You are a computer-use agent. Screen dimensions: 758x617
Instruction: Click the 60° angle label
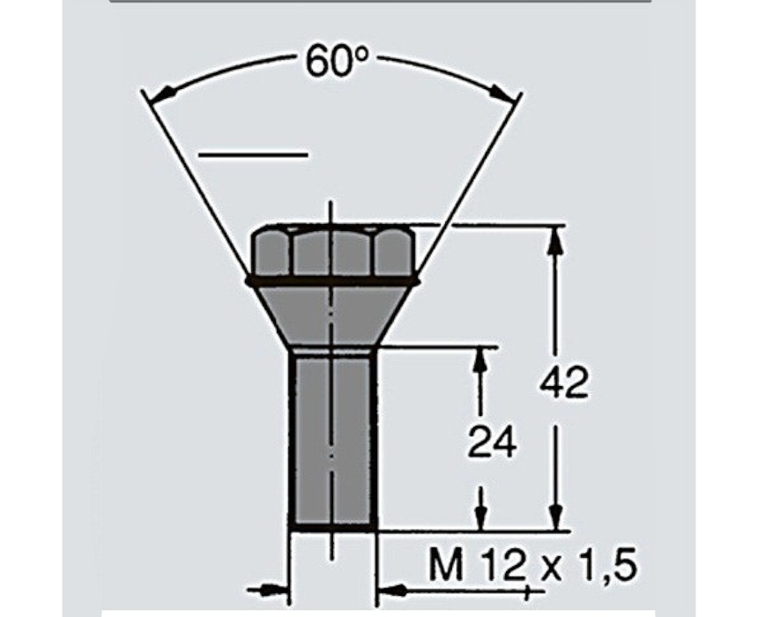coord(337,61)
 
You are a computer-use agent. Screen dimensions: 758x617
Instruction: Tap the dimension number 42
coord(564,382)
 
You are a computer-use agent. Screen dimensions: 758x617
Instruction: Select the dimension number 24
coord(492,442)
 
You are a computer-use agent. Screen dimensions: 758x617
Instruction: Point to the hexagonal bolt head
coord(332,252)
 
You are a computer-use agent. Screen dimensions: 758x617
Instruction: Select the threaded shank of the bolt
coord(332,440)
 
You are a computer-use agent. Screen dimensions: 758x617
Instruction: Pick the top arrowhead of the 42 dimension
coord(556,240)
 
